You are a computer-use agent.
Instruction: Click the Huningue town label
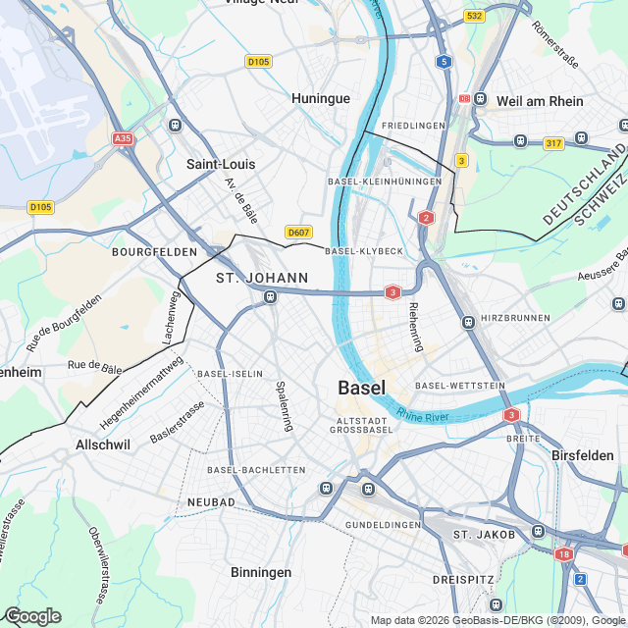(321, 98)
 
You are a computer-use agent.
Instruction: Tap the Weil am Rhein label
(540, 101)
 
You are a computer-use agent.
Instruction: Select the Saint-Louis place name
(216, 164)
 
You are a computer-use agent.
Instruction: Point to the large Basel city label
(361, 387)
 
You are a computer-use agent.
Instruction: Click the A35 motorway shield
(123, 139)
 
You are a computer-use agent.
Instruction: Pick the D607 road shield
(298, 233)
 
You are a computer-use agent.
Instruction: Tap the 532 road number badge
(474, 17)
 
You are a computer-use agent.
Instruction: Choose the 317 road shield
(553, 143)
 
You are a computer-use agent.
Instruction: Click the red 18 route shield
(563, 554)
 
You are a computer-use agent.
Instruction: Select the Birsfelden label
(581, 456)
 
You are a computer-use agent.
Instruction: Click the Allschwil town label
(103, 445)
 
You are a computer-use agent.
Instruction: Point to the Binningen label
(260, 572)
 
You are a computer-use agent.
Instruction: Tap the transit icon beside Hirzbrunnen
(469, 321)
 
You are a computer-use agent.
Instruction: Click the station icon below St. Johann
(269, 297)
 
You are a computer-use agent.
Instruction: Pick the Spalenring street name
(285, 404)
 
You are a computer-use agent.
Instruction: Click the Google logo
(31, 616)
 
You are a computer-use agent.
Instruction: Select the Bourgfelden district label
(154, 252)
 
